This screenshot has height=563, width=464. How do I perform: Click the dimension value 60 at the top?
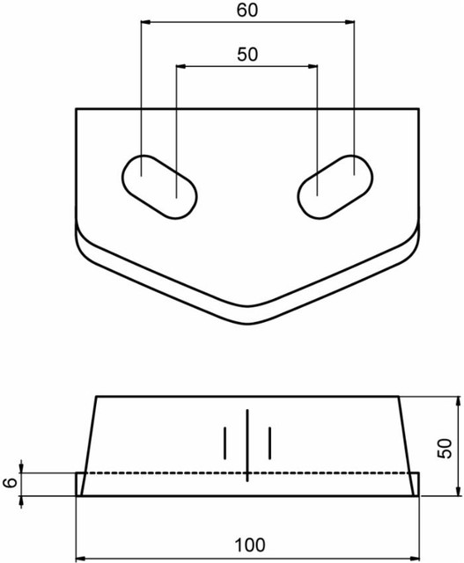coord(248,11)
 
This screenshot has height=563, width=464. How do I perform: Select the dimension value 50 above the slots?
coord(248,54)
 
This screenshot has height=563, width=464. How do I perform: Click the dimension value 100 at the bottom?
coord(247,545)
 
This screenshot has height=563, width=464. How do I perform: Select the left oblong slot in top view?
coord(158,186)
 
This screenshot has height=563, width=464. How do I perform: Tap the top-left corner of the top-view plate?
coord(77,109)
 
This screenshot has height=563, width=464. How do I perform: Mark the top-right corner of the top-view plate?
coord(417,109)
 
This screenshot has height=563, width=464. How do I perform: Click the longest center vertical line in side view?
coord(247,445)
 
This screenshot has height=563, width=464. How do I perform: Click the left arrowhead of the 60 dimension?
coord(145,22)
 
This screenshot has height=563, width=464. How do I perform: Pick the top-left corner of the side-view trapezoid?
coord(95,397)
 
